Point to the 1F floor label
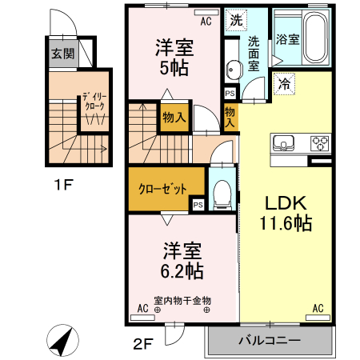click(x=63, y=186)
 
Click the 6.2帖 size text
click(x=182, y=271)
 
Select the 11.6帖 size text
click(x=281, y=225)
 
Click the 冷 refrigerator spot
click(x=284, y=82)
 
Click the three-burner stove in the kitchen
click(x=320, y=144)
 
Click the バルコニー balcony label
click(x=270, y=342)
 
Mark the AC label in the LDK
click(x=318, y=308)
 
